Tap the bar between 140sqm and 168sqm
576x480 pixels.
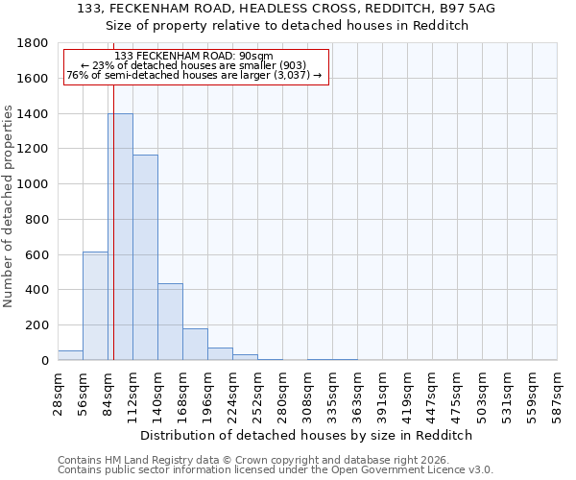pos(170,322)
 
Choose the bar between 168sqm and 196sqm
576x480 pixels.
pos(195,344)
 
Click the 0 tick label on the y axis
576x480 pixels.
pos(45,360)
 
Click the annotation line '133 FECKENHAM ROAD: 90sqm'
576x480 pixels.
pos(196,56)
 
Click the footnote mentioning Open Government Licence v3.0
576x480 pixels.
pos(276,470)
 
